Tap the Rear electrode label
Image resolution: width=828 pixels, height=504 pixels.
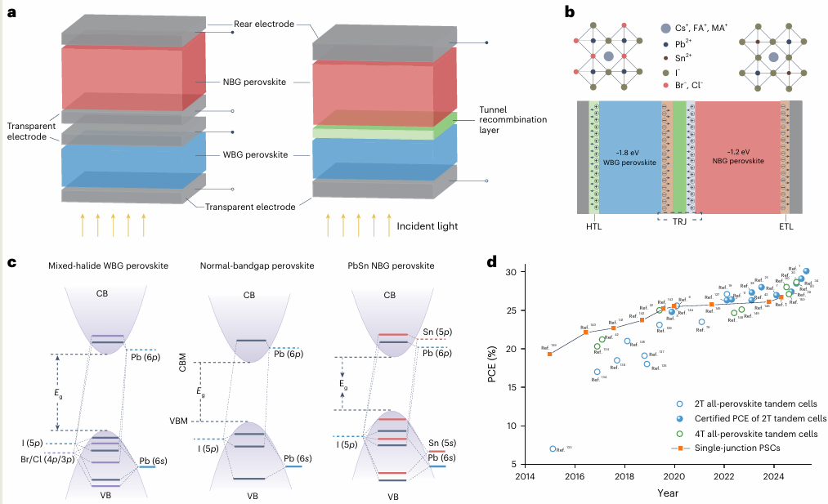point(263,25)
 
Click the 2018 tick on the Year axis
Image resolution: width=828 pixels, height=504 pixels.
point(624,476)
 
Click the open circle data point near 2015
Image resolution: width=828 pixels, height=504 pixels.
point(553,448)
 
